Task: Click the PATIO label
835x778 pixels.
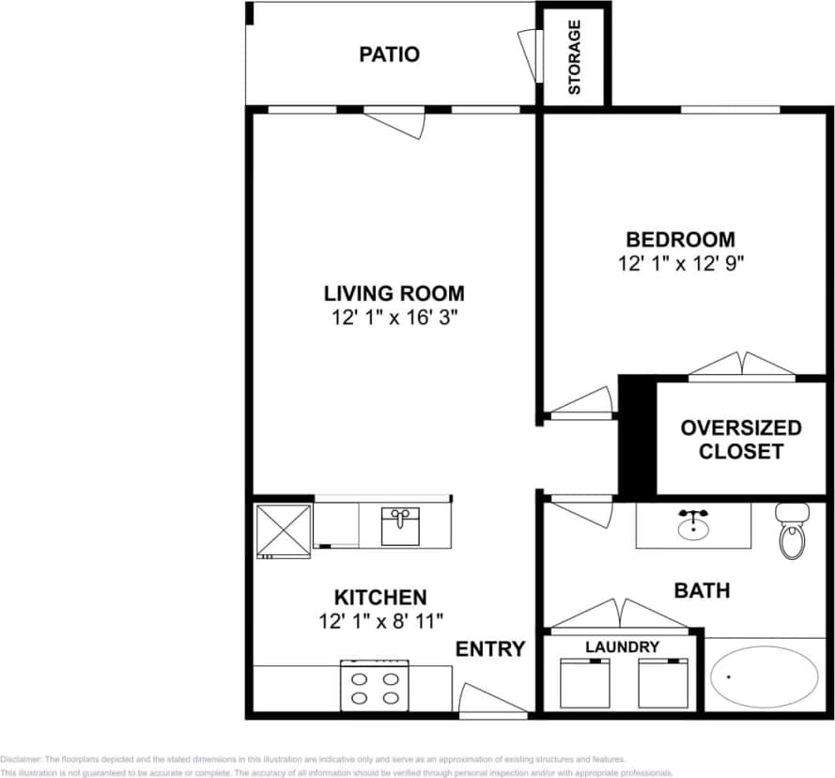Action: pyautogui.click(x=389, y=54)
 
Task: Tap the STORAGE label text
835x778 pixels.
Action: pyautogui.click(x=574, y=57)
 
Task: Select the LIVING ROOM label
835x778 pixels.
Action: pyautogui.click(x=394, y=293)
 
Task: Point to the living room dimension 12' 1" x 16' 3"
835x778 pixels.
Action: pyautogui.click(x=394, y=318)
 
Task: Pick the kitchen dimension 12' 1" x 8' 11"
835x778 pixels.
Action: pyautogui.click(x=380, y=620)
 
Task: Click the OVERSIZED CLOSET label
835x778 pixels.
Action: pyautogui.click(x=741, y=440)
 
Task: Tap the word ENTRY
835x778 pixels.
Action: pyautogui.click(x=490, y=649)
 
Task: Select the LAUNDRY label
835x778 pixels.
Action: pyautogui.click(x=622, y=647)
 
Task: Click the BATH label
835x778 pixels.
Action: pyautogui.click(x=702, y=591)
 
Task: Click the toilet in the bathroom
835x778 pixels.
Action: pyautogui.click(x=793, y=531)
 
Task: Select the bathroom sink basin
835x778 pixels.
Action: pyautogui.click(x=694, y=526)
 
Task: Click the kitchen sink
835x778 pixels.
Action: pyautogui.click(x=401, y=525)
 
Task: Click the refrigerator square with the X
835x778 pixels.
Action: pyautogui.click(x=283, y=531)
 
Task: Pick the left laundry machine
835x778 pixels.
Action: pyautogui.click(x=584, y=683)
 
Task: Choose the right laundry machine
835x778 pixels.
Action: pyautogui.click(x=662, y=683)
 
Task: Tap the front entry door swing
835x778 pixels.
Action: pyautogui.click(x=490, y=701)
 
